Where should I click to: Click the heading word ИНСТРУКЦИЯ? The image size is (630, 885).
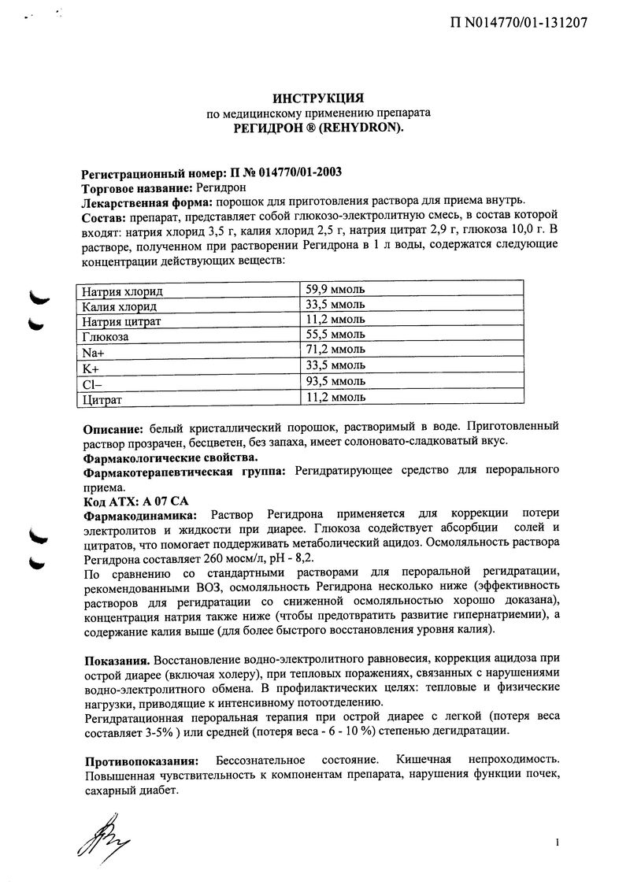pos(317,98)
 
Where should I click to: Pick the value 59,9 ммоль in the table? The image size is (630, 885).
pos(335,290)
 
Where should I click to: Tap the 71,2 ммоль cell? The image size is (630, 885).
pos(335,350)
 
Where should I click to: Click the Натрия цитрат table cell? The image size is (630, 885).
pos(122,321)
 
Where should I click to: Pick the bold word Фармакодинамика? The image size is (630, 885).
pos(140,515)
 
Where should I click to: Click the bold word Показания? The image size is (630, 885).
pos(117,657)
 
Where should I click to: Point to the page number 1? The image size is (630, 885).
pos(557,843)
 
